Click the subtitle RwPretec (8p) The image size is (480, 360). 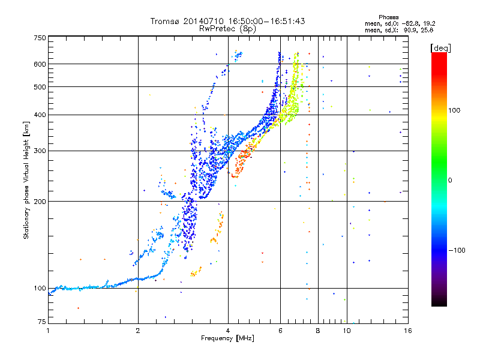(x=227, y=29)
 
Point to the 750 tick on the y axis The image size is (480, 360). (x=40, y=38)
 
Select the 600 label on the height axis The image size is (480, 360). (x=40, y=64)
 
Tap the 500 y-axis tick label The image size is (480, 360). (x=40, y=87)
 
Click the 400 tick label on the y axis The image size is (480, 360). (x=40, y=115)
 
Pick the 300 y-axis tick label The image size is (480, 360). (x=40, y=151)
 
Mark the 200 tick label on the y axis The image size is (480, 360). (x=40, y=202)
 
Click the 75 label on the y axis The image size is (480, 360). (x=42, y=322)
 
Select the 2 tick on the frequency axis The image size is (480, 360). (x=138, y=331)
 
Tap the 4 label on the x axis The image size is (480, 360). (x=228, y=331)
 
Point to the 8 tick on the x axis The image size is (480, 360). (x=318, y=331)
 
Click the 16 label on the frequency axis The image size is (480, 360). (x=408, y=331)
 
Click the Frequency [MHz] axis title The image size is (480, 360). (x=227, y=338)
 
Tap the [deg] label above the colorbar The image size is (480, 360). (x=440, y=49)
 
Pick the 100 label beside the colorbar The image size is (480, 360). (x=454, y=110)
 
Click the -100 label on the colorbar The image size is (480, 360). (x=457, y=250)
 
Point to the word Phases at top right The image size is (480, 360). (x=388, y=17)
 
